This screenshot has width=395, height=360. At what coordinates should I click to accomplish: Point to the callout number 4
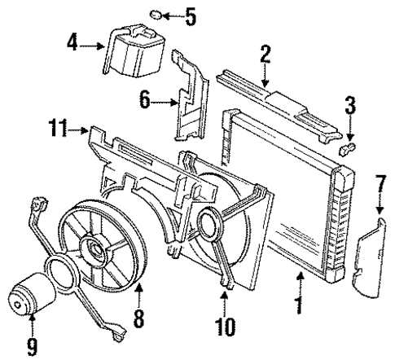click(72, 42)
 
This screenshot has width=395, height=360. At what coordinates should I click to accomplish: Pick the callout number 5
click(190, 14)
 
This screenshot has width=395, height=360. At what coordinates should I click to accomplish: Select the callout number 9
click(32, 345)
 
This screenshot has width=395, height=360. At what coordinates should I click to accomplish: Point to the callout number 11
click(55, 128)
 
